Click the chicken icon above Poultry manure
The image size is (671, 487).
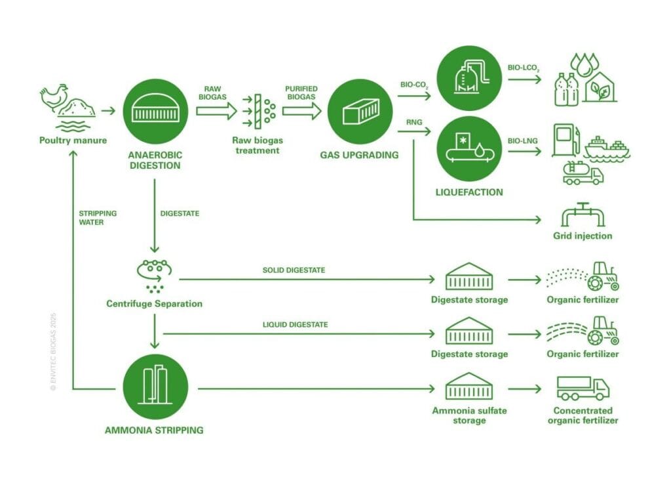[52, 98]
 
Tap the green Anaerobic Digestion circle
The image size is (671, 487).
[155, 110]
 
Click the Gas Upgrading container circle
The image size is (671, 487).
[358, 110]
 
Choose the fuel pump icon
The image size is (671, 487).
[566, 140]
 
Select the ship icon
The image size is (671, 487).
[607, 148]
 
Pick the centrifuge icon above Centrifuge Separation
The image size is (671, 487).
[154, 273]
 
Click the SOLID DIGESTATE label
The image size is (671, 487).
[294, 270]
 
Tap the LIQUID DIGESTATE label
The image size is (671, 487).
[296, 324]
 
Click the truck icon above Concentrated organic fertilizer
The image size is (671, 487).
[583, 389]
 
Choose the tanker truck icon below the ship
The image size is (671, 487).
[583, 173]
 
